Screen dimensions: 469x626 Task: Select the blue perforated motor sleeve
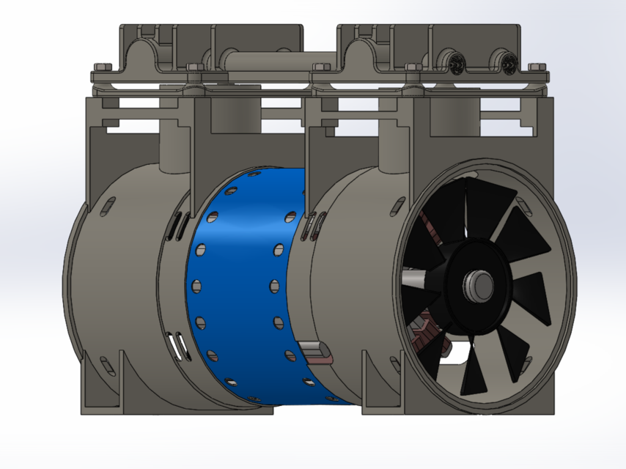coord(242,286)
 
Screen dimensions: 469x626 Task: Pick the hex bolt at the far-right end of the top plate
coord(535,67)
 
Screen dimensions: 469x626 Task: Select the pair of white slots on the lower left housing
coord(177,344)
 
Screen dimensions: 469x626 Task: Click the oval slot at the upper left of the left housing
coord(108,204)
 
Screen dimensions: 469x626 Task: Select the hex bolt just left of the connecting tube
coord(195,67)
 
